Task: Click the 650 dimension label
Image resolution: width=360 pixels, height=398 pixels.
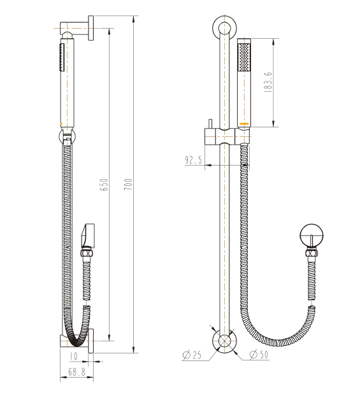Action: click(x=104, y=185)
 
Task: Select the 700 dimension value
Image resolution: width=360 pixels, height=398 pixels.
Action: click(x=128, y=185)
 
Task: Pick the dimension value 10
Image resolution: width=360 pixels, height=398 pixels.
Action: click(x=73, y=357)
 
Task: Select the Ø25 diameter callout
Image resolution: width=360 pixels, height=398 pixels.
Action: click(x=193, y=356)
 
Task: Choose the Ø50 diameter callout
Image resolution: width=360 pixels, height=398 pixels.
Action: click(x=257, y=355)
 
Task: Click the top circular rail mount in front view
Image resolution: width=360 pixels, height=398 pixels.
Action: click(x=224, y=29)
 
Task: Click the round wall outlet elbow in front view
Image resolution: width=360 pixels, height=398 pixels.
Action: click(x=311, y=236)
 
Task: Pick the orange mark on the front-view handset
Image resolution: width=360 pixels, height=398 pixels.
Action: click(x=243, y=122)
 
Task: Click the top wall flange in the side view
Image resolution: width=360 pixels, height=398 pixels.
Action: click(x=92, y=29)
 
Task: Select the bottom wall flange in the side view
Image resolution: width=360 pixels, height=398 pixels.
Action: click(x=92, y=341)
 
